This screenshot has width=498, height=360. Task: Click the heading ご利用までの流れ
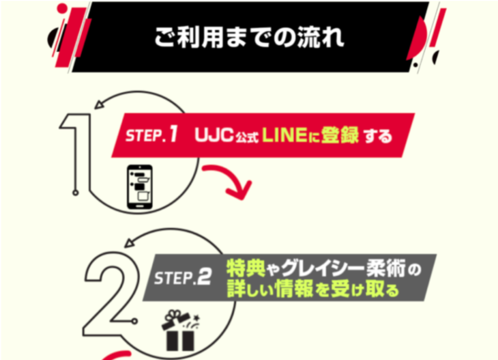[249, 38]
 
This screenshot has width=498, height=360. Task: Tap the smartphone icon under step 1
[140, 187]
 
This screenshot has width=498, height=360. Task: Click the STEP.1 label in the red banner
[152, 136]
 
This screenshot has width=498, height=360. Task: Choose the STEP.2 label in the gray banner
[182, 278]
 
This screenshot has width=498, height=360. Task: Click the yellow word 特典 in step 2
[243, 269]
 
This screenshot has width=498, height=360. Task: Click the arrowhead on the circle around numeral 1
[100, 104]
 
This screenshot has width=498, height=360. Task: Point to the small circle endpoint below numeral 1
[75, 193]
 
